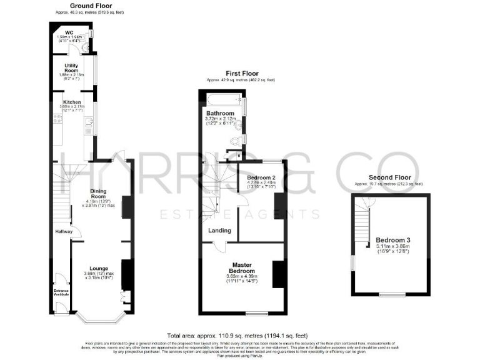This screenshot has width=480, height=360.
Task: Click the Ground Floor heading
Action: [x=82, y=6]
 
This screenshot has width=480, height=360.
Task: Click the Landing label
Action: [x=220, y=231]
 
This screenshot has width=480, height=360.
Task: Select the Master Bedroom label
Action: [x=241, y=267]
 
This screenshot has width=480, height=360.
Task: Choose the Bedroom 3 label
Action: [x=391, y=240]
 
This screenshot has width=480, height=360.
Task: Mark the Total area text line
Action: [x=241, y=336]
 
